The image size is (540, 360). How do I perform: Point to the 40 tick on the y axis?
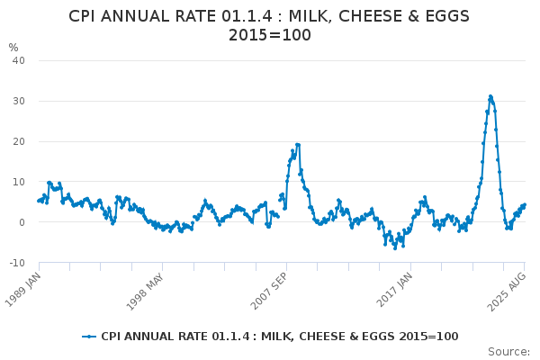[x=18, y=60]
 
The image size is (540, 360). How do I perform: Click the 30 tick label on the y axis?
[x=18, y=101]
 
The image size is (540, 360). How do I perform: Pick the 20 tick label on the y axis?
[x=18, y=141]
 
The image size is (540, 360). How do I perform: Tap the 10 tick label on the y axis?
[x=18, y=182]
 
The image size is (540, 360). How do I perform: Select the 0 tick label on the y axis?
[x=22, y=222]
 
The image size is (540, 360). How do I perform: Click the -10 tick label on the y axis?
[x=16, y=263]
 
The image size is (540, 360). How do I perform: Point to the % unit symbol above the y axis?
[x=13, y=48]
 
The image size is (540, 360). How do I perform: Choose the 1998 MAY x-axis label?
[x=145, y=288]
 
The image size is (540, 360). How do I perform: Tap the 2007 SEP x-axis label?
[x=269, y=288]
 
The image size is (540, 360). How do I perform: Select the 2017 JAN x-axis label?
[x=393, y=288]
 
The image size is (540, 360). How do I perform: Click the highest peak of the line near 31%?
[x=490, y=96]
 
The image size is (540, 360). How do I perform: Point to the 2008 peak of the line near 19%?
[x=297, y=144]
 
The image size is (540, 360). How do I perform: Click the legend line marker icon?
[x=89, y=337]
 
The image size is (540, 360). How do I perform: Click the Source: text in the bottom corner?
[x=508, y=352]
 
